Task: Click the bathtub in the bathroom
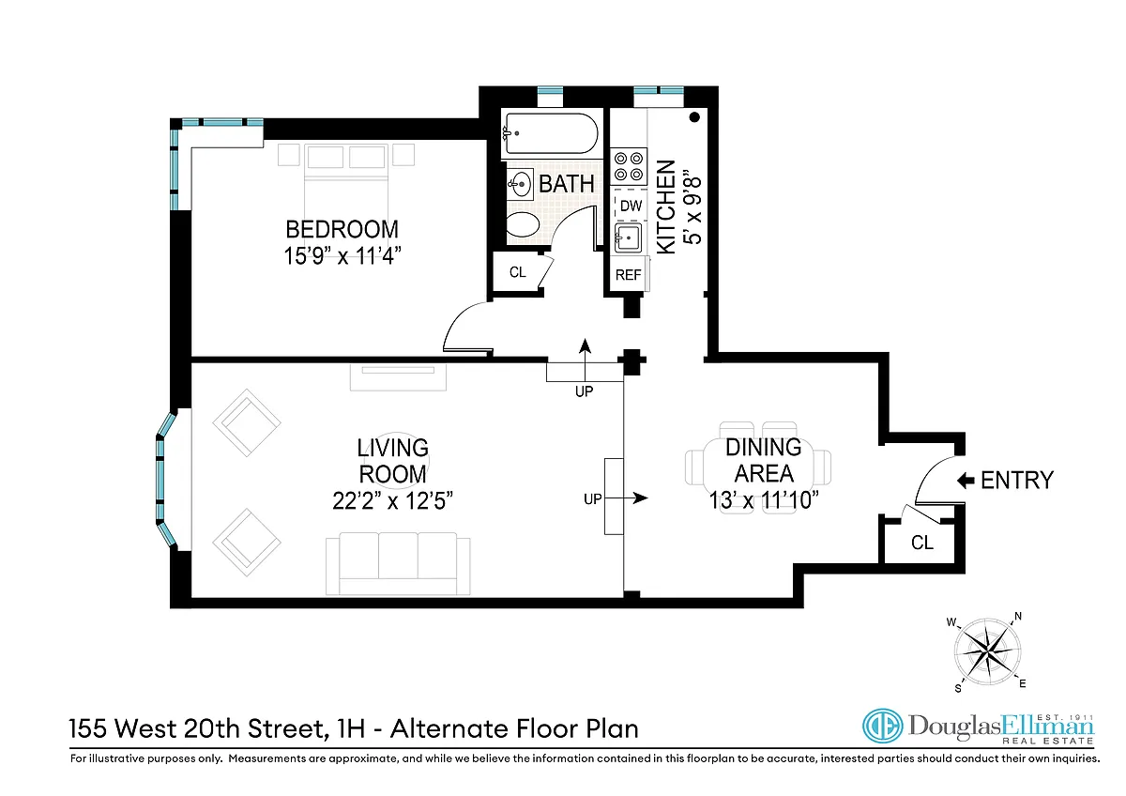pos(552,133)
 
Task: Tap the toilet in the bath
pos(523,224)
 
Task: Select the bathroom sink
pos(520,185)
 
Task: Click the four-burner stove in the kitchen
pos(629,166)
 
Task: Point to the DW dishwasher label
pos(631,206)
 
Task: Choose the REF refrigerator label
pos(629,275)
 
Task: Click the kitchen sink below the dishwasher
pos(628,237)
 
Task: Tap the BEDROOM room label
pos(342,229)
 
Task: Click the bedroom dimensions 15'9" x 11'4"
pos(342,255)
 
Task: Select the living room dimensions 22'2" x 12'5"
pos(392,500)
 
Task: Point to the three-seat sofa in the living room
pos(398,564)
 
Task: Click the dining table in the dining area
pos(758,467)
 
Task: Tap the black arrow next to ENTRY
pos(966,481)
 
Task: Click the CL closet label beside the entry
pos(922,543)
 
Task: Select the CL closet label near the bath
pos(517,272)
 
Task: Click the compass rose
pos(988,652)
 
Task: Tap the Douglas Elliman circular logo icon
pos(882,727)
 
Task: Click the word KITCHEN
pos(666,207)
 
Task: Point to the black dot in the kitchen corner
pos(694,117)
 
